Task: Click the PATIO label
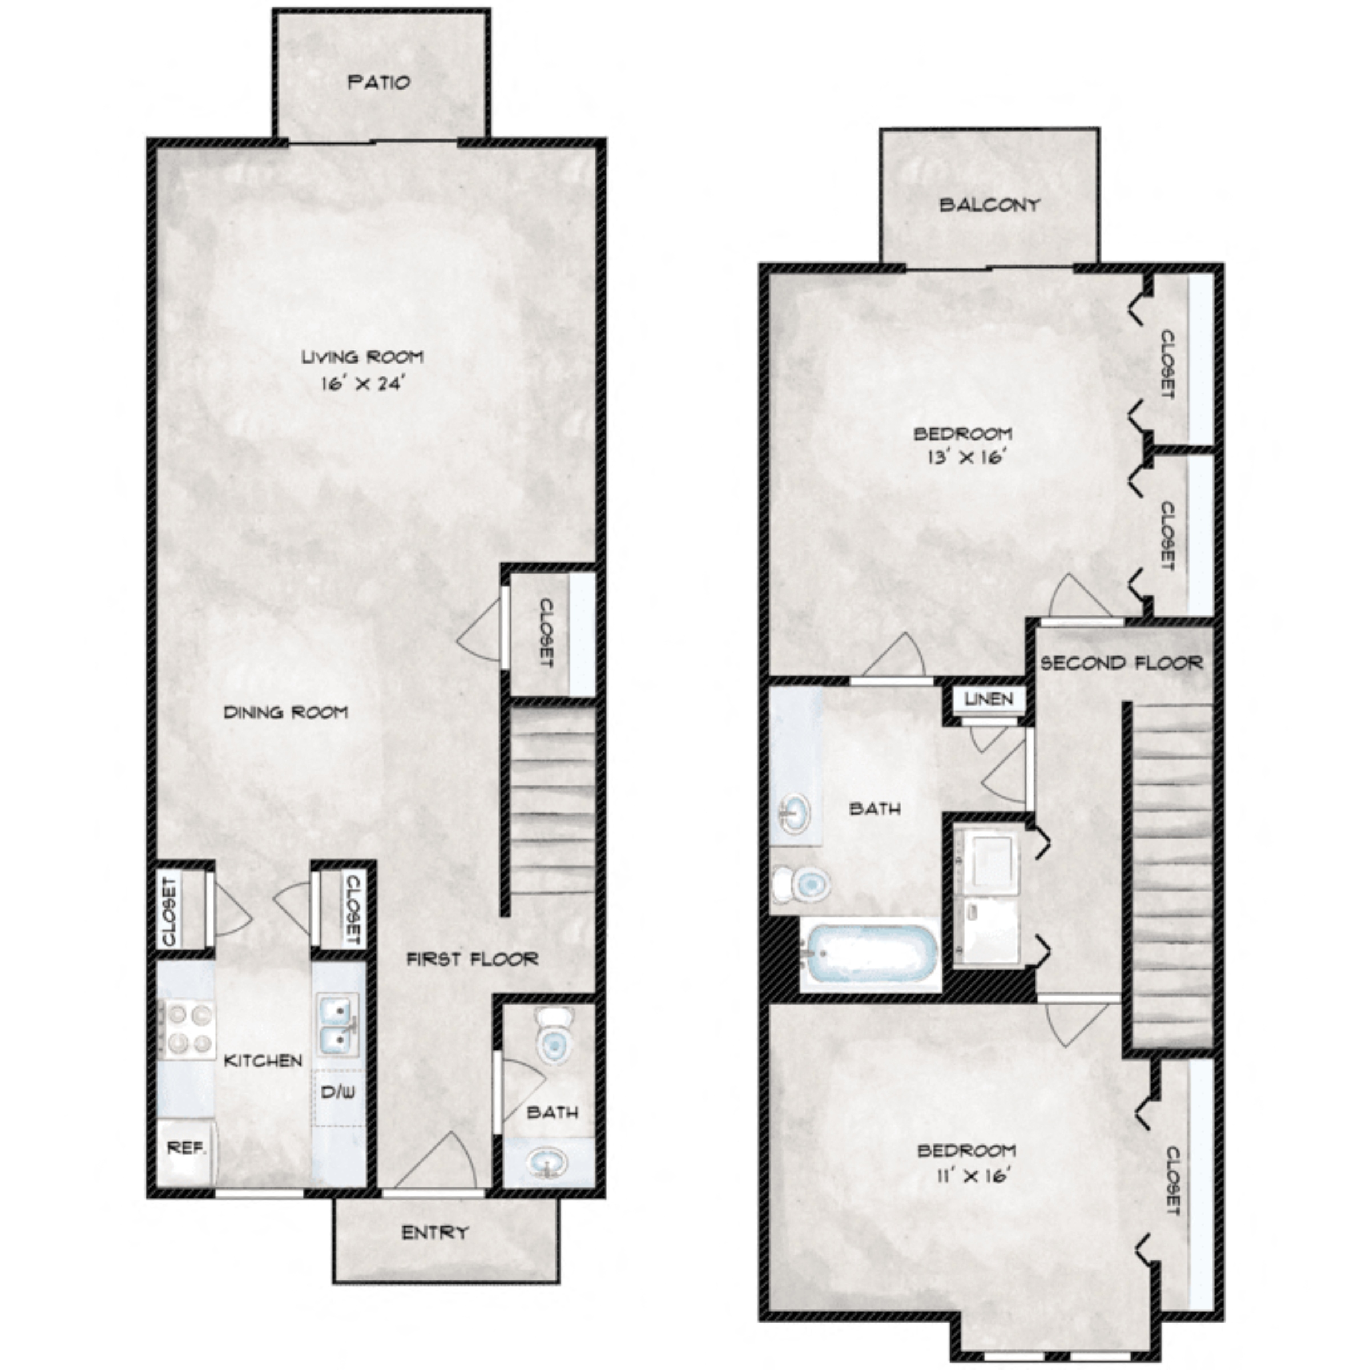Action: (380, 82)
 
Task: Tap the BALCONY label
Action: (989, 205)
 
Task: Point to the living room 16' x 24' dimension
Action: (362, 384)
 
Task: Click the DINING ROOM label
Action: (286, 712)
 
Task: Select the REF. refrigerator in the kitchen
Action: (186, 1147)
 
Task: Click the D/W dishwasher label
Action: (339, 1092)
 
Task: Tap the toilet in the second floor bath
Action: (802, 884)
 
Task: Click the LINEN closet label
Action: (989, 699)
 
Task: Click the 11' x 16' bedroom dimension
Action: (971, 1176)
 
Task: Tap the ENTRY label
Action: (434, 1232)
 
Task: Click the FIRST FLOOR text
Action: (472, 960)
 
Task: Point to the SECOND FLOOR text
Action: (1121, 663)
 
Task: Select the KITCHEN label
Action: (263, 1060)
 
